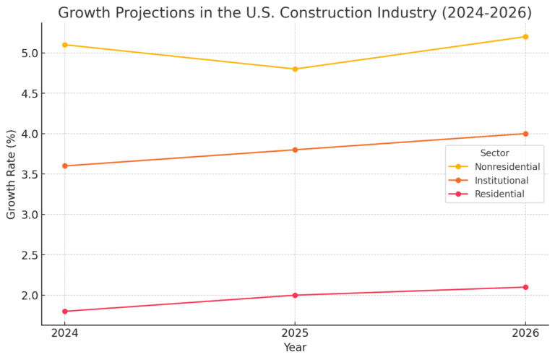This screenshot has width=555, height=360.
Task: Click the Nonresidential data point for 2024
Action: click(x=64, y=45)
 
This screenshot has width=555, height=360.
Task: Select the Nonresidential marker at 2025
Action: click(x=295, y=69)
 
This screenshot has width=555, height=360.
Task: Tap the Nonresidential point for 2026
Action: click(x=525, y=37)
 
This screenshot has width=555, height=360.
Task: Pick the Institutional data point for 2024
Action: click(x=64, y=166)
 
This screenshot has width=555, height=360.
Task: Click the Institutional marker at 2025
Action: click(x=295, y=150)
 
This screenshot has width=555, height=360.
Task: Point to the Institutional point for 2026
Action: click(x=525, y=134)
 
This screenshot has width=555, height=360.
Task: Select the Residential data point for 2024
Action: click(x=64, y=312)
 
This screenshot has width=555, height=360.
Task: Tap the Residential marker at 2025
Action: click(x=295, y=295)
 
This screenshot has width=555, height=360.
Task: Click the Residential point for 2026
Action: click(x=525, y=287)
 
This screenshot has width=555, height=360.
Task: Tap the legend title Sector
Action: click(x=494, y=153)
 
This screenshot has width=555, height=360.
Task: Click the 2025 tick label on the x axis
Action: click(x=295, y=334)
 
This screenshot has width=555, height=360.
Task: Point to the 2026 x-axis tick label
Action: click(x=525, y=334)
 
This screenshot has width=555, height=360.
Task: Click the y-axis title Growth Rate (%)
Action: click(x=11, y=173)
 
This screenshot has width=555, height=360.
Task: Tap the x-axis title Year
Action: click(x=295, y=348)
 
